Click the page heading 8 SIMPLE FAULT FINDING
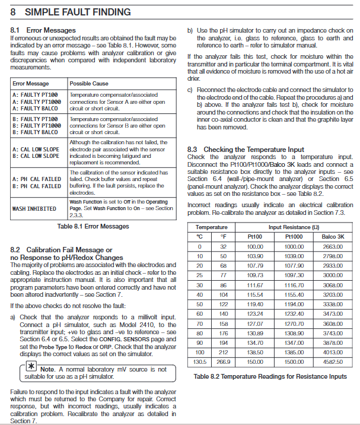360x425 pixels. (71, 12)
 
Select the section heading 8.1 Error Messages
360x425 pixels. (42, 29)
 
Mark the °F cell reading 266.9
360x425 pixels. (223, 361)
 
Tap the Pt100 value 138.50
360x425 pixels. (254, 352)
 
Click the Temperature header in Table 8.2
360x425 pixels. (212, 227)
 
